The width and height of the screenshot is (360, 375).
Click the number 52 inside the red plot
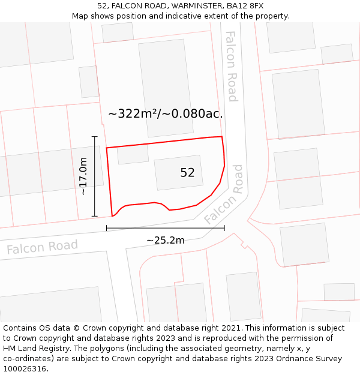click(187, 173)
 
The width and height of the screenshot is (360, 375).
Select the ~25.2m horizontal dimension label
click(166, 241)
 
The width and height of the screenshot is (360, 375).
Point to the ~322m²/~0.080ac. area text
click(166, 113)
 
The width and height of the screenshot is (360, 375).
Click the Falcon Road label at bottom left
click(42, 247)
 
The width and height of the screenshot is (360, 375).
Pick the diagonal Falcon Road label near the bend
click(224, 194)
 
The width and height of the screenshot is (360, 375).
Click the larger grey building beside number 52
click(178, 173)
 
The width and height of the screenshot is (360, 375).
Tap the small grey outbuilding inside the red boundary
click(133, 155)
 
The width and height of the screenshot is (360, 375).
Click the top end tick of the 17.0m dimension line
click(94, 137)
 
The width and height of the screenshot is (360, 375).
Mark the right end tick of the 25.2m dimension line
click(224, 228)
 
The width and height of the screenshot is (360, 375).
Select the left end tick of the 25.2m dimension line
click(107, 228)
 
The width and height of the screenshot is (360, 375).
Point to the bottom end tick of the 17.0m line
click(94, 216)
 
